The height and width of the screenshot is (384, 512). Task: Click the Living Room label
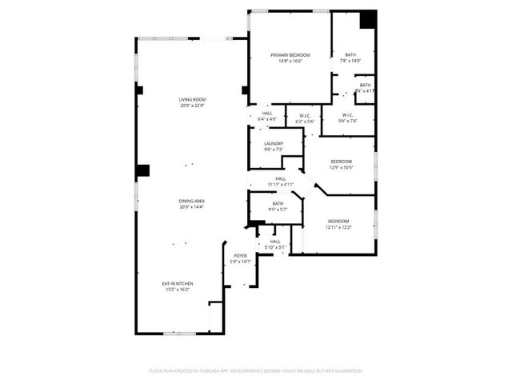pos(192,99)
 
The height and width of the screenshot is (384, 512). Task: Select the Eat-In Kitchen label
pos(178,283)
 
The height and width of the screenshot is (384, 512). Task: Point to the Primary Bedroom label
pos(290,54)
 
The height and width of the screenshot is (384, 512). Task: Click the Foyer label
pos(240,256)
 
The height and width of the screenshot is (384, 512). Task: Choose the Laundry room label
pos(274,144)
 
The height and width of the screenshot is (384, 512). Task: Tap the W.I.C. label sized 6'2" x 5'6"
pos(305,115)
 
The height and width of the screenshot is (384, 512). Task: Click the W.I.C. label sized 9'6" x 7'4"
pos(348,115)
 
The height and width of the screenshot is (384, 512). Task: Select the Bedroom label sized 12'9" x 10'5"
pos(342,162)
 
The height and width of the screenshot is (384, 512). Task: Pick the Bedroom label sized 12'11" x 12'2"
pos(338,222)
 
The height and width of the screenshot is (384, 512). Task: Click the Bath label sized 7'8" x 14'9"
pos(350,54)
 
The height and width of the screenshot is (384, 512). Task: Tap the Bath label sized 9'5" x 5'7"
pos(278,203)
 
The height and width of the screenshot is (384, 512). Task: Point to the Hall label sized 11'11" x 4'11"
pos(281,178)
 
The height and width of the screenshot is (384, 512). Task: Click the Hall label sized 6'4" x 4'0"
pos(266,114)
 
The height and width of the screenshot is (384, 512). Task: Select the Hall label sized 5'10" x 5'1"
pos(274,241)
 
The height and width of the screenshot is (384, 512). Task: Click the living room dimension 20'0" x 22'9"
pos(192,105)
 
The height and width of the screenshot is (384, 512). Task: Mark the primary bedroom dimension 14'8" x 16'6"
pos(290,61)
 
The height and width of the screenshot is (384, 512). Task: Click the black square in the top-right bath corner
pos(367,19)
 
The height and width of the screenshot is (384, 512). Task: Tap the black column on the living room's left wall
pos(142,170)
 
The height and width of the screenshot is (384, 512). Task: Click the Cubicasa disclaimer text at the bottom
pos(256,370)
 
